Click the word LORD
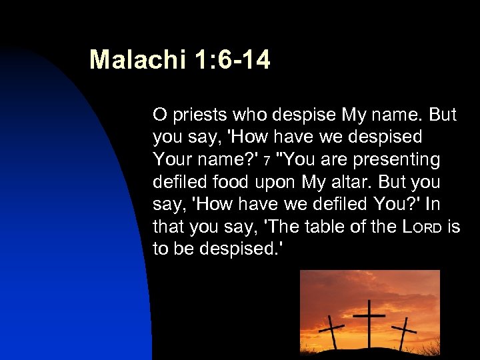423,228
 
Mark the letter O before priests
159,115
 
